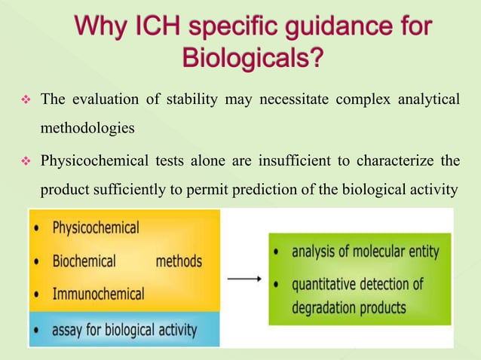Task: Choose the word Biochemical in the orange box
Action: pyautogui.click(x=84, y=261)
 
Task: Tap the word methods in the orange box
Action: pyautogui.click(x=179, y=261)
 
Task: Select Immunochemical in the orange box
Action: pyautogui.click(x=98, y=294)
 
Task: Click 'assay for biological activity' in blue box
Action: pyautogui.click(x=124, y=329)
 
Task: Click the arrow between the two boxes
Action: pyautogui.click(x=244, y=279)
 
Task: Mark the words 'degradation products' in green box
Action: pyautogui.click(x=350, y=307)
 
